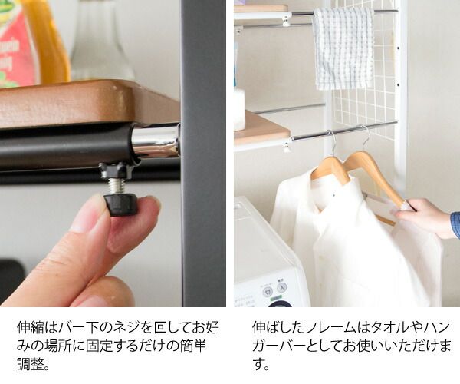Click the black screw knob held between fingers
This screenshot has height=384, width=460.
click(120, 204)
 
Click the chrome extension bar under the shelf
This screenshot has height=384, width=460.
click(155, 140)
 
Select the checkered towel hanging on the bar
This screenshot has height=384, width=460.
click(343, 48)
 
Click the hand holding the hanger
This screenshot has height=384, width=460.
click(426, 217)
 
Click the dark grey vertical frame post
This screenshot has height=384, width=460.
click(203, 153)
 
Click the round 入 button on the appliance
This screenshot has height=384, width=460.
click(281, 286)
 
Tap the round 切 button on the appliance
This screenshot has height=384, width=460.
click(268, 292)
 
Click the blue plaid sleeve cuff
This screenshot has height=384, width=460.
click(455, 224)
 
